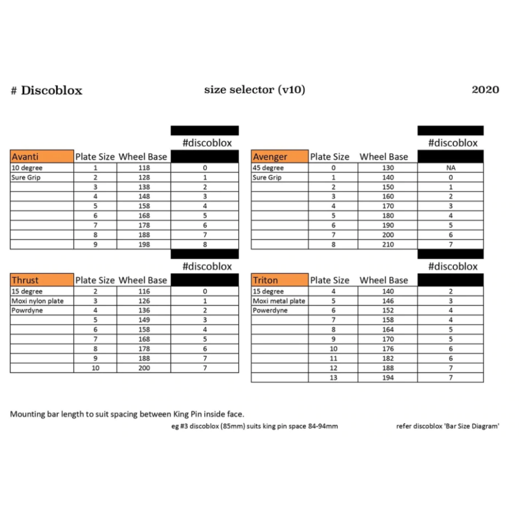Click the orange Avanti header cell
pos(42,157)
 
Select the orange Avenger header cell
pos(280,157)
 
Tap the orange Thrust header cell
pos(42,280)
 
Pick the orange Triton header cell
pos(280,280)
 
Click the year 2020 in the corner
pos(485,89)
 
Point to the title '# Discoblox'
pos(47,90)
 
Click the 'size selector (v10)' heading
pos(254,89)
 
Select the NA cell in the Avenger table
pos(450,168)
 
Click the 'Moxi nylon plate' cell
pos(37,301)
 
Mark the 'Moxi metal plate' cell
pos(279,301)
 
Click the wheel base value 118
pos(144,168)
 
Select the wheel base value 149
pos(144,320)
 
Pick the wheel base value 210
pos(387,245)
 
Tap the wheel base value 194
pos(387,378)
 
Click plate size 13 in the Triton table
pos(333,378)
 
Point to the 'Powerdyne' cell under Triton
pos(270,310)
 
